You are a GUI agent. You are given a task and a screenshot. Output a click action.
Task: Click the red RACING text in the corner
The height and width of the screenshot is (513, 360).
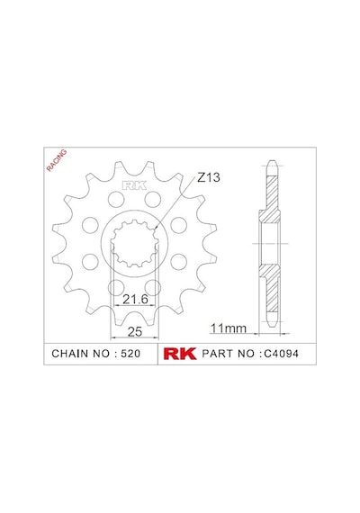(x=57, y=160)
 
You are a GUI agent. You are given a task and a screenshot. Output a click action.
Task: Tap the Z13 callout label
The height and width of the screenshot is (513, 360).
(x=209, y=177)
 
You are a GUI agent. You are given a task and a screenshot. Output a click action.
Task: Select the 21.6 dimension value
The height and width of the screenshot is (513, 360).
(x=135, y=299)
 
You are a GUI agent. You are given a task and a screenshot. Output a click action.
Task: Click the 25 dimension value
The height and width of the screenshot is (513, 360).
(x=135, y=331)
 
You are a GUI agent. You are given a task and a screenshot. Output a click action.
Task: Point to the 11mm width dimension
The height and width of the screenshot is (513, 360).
(x=228, y=328)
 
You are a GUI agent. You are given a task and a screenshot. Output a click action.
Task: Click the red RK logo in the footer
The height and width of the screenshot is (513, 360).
(x=180, y=354)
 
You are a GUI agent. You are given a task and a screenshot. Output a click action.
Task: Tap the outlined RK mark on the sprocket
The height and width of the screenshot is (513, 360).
(x=134, y=185)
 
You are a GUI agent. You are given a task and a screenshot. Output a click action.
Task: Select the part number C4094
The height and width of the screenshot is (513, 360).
(x=281, y=354)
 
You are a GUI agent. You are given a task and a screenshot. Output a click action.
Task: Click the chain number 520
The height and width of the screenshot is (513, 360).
(x=130, y=354)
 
